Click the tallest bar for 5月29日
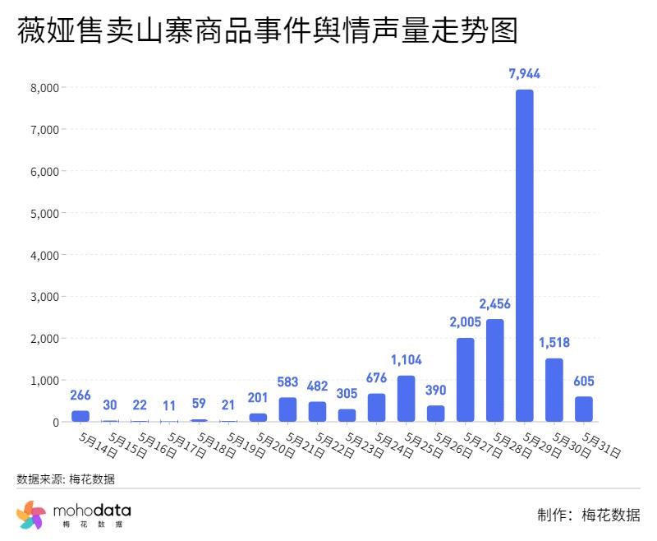pos(524,255)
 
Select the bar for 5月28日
pos(494,370)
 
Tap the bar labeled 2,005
pos(465,380)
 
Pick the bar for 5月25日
pos(406,399)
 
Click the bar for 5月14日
pos(80,416)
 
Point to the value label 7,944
pos(524,74)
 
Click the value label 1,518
pos(554,342)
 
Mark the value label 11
pos(169,405)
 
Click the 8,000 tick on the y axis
pos(43,88)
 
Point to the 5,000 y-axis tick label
pos(43,213)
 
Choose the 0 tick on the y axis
pos(55,422)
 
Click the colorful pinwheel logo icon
pos(31,515)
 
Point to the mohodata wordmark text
pos(91,511)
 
